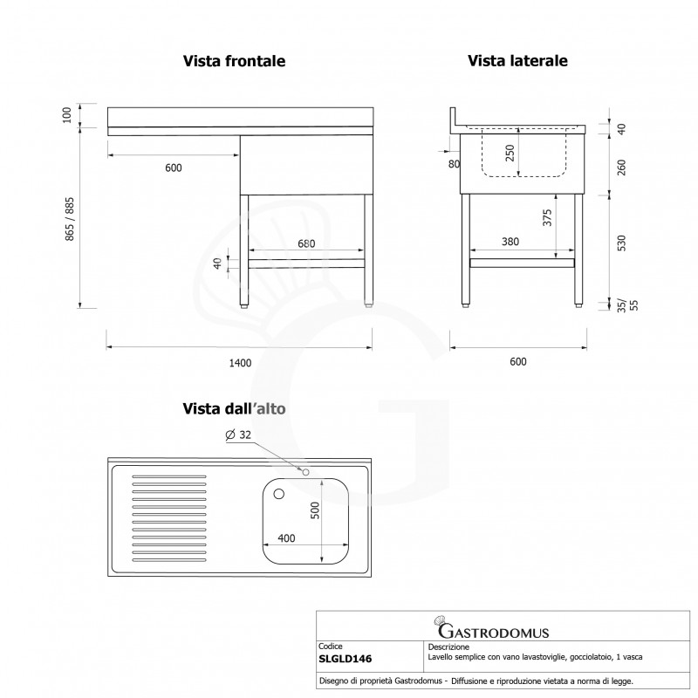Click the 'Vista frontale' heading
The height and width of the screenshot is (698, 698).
tap(234, 61)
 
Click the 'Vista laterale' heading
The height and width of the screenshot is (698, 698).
tap(517, 60)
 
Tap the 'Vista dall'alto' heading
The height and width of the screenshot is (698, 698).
tap(234, 408)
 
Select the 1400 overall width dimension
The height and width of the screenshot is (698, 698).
tap(241, 363)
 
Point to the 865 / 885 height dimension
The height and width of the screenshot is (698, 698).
tap(70, 219)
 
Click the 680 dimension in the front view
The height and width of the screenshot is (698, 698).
tap(306, 243)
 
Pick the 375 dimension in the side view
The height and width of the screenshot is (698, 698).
tap(547, 217)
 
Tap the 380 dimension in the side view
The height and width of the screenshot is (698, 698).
tap(510, 242)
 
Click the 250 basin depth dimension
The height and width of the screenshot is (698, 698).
tap(510, 153)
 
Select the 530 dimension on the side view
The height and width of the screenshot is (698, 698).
tap(621, 243)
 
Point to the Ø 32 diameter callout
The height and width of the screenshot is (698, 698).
tap(238, 435)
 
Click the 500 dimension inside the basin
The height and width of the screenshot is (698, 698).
tap(315, 510)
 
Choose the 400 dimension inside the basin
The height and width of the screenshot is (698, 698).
tap(286, 538)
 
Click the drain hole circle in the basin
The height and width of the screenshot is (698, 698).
tap(279, 494)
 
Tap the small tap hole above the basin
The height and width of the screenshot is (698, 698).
tap(306, 472)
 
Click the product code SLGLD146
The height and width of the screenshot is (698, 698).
tap(345, 659)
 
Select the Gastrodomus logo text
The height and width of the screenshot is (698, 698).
tap(493, 631)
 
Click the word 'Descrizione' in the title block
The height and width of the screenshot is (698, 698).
tap(448, 647)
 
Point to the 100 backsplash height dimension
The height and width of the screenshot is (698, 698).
tap(67, 115)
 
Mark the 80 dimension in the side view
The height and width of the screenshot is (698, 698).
tap(454, 164)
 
